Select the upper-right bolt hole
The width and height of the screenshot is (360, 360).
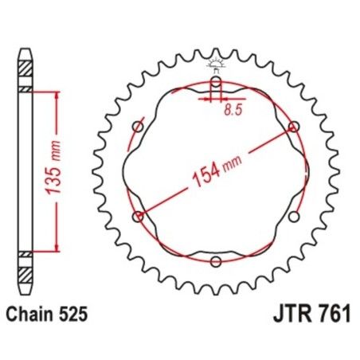tap(294, 126)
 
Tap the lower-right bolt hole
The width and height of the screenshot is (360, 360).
tap(295, 216)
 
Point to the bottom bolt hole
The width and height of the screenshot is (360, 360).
tap(216, 261)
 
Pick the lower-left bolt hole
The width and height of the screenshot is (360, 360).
tap(139, 216)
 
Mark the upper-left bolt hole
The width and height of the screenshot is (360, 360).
tap(138, 127)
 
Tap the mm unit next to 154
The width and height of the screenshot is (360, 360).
tap(233, 163)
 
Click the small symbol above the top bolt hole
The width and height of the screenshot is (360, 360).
tap(216, 65)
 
